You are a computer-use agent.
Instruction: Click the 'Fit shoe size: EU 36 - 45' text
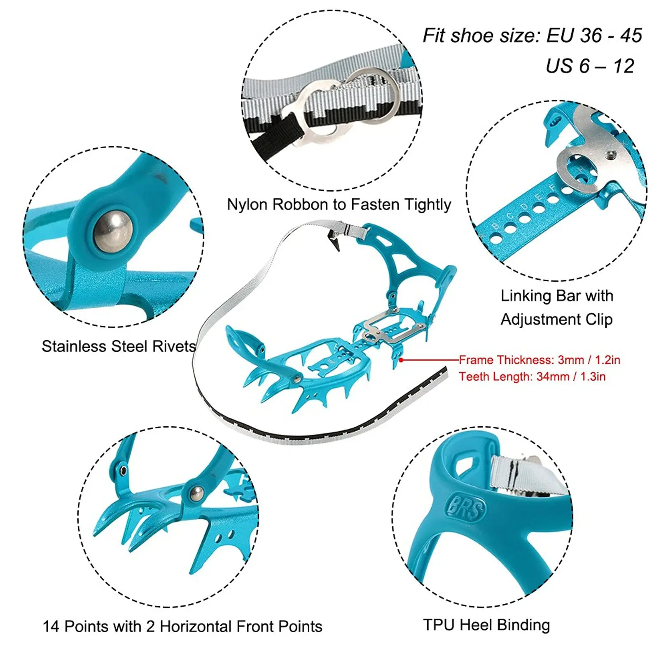tap(532, 36)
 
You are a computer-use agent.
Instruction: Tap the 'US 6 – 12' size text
tap(590, 66)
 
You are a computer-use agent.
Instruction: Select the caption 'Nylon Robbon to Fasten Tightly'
tap(339, 205)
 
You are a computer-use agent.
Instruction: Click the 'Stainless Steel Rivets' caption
tap(119, 346)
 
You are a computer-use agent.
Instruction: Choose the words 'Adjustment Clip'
tap(556, 320)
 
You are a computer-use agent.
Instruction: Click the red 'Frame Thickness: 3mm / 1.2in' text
tap(540, 360)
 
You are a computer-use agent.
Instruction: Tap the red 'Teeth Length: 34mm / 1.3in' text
tap(532, 376)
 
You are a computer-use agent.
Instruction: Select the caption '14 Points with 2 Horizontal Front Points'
tap(182, 626)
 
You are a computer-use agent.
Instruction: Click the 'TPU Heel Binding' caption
tap(486, 625)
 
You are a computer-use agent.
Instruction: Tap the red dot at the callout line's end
tap(401, 360)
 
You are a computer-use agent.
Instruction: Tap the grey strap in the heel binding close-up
tap(523, 476)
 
